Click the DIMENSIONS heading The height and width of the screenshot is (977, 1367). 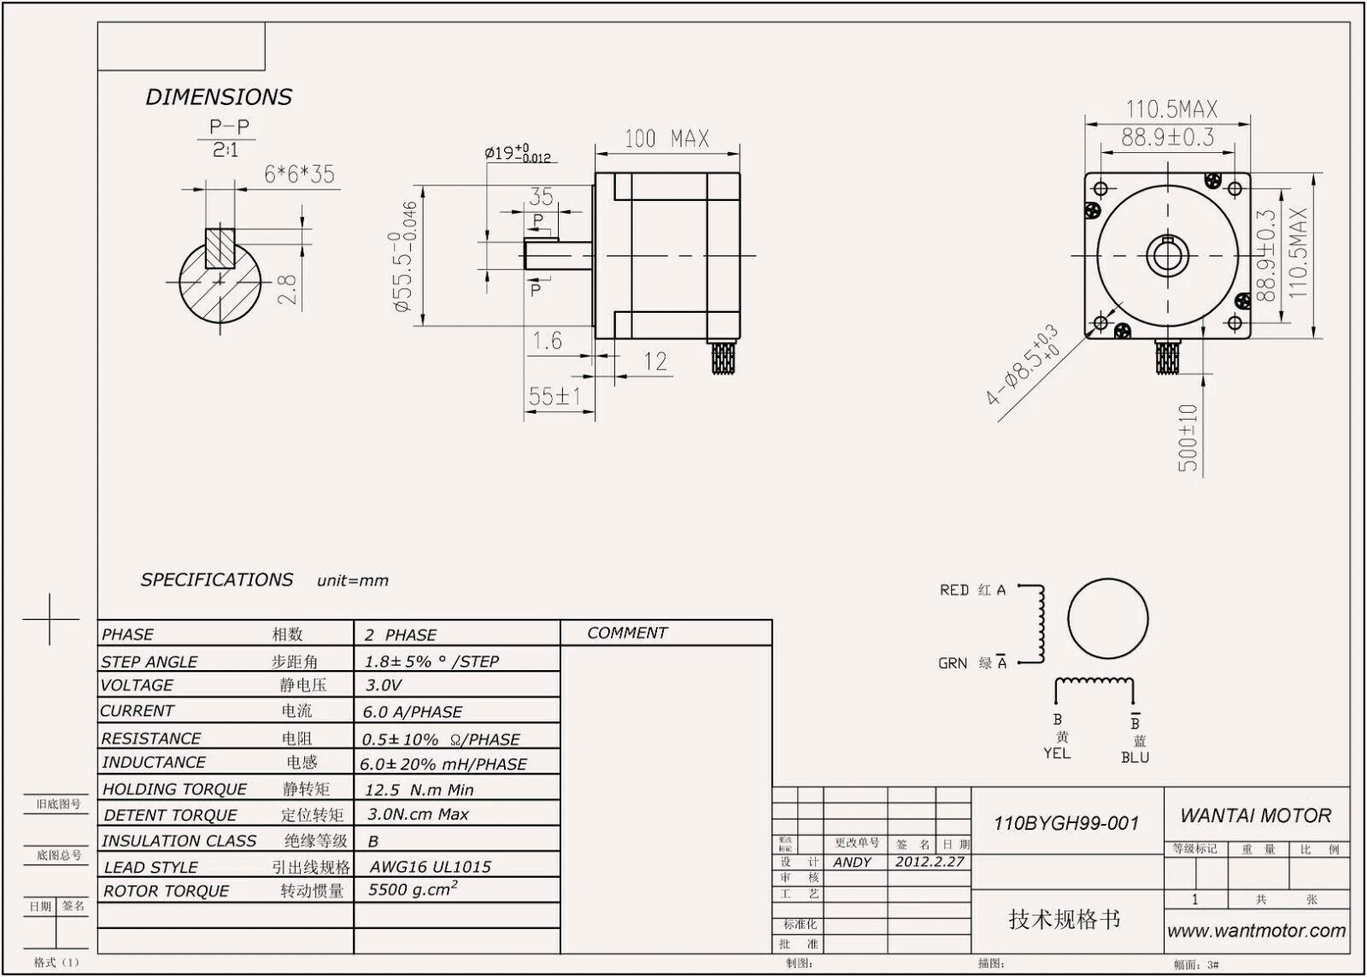(219, 97)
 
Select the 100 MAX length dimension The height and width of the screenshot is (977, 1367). (666, 138)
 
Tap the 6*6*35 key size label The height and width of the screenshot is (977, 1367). (299, 174)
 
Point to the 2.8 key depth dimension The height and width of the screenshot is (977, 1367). (289, 289)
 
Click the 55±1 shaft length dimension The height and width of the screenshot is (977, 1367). (554, 397)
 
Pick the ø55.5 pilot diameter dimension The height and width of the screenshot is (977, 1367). (406, 256)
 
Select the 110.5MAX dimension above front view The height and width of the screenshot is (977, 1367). (1170, 109)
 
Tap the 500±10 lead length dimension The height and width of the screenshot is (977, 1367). (1188, 438)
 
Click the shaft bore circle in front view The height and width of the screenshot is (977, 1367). (1167, 254)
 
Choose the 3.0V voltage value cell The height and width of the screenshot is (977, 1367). (384, 686)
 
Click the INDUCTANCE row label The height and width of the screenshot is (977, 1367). (154, 762)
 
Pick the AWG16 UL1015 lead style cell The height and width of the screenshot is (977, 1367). (430, 867)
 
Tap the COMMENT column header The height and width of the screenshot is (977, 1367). (627, 633)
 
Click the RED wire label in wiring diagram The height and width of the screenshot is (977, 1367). (953, 591)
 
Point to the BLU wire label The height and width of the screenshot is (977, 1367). (1135, 757)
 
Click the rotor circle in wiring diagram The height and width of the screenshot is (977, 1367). (1107, 621)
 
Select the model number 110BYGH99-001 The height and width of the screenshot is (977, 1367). (1066, 823)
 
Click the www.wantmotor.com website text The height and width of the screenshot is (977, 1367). (1256, 931)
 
